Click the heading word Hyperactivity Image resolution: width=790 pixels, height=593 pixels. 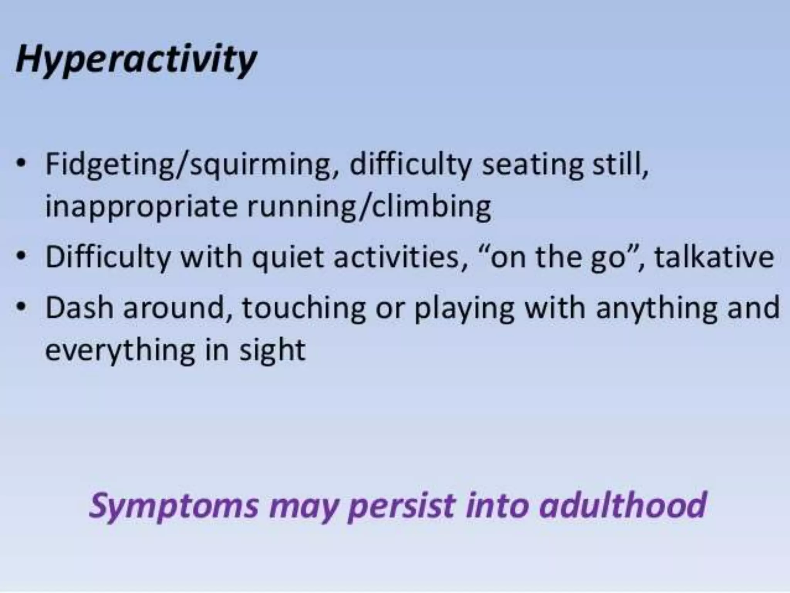point(136,60)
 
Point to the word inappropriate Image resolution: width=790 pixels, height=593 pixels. point(141,207)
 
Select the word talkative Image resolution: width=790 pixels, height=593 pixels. point(714,257)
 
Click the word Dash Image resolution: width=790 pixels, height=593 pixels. point(79,308)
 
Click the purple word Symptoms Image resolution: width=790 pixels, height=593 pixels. point(174,506)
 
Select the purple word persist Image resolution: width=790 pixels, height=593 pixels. point(401,506)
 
